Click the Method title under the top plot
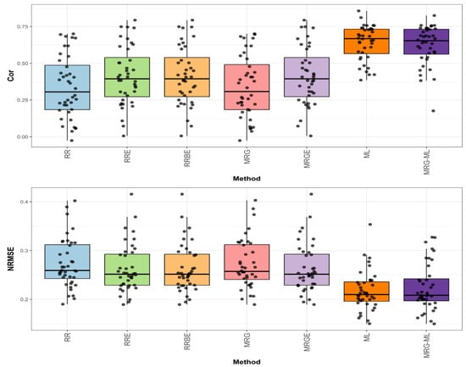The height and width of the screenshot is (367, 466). [245, 180]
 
